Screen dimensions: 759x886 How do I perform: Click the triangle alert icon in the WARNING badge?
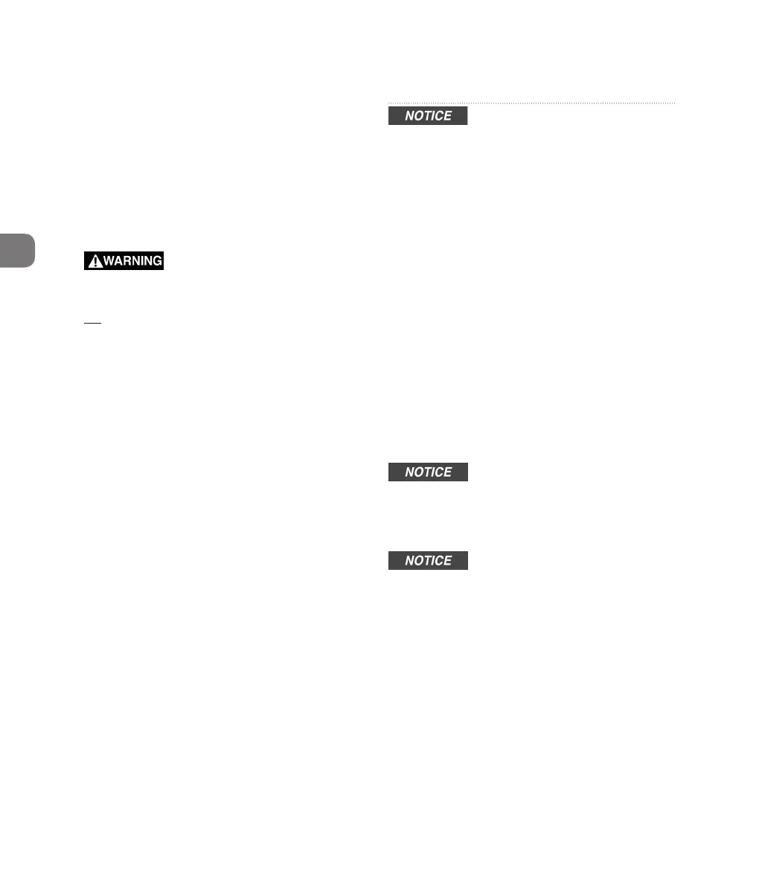pyautogui.click(x=95, y=261)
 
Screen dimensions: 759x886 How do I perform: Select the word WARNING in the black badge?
pyautogui.click(x=132, y=261)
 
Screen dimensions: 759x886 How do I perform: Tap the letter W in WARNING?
pyautogui.click(x=109, y=261)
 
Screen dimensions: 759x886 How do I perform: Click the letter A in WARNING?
pyautogui.click(x=119, y=261)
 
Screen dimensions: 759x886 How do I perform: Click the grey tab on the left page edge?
pyautogui.click(x=16, y=250)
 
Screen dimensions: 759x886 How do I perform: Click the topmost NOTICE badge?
pyautogui.click(x=428, y=116)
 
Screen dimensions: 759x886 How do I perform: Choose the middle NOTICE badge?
pyautogui.click(x=428, y=472)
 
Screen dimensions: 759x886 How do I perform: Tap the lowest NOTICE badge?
pyautogui.click(x=428, y=561)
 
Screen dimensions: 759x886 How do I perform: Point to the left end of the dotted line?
pyautogui.click(x=389, y=103)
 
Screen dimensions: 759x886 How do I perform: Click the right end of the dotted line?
pyautogui.click(x=674, y=103)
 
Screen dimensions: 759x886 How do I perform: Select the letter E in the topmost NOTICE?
pyautogui.click(x=447, y=116)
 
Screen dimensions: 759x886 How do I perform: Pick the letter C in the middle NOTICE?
pyautogui.click(x=439, y=472)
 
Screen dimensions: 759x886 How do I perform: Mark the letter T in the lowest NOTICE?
pyautogui.click(x=427, y=561)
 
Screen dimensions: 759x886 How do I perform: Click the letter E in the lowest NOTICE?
pyautogui.click(x=447, y=561)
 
